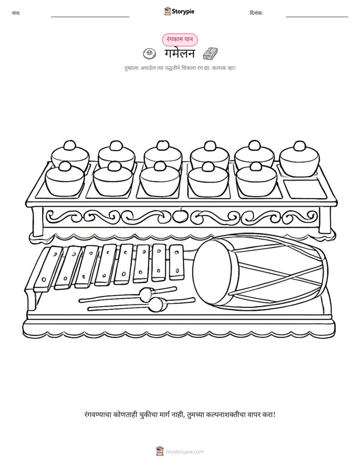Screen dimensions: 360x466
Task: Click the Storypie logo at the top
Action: tap(179, 11)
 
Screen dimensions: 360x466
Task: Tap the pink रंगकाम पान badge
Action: tap(179, 39)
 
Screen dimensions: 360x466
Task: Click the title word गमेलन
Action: tap(179, 54)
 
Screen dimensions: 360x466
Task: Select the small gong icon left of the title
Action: tap(149, 53)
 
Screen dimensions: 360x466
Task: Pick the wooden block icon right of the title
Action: tap(210, 53)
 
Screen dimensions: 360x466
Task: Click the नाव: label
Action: tap(16, 13)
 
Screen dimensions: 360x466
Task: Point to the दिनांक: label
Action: tap(257, 13)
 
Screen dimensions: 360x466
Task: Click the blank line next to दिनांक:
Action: tap(317, 17)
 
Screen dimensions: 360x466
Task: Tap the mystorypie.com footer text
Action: tap(185, 452)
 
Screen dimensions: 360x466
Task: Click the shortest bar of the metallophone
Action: tap(176, 262)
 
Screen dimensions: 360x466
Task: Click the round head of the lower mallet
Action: tap(156, 304)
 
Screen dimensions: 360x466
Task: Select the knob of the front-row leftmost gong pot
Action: tap(65, 166)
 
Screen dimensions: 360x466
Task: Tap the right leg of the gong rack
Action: tap(324, 219)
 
